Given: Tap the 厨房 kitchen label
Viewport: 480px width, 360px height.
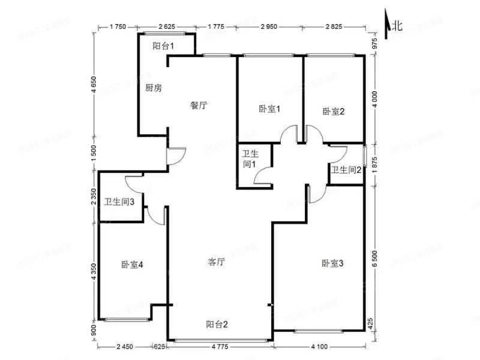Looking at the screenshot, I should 153,88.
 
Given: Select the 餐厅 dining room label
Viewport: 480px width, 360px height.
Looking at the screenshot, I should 199,105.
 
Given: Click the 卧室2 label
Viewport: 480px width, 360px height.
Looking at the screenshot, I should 332,111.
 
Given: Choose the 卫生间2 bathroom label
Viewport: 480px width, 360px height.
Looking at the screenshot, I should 347,170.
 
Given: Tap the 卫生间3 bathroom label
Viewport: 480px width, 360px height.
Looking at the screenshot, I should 119,202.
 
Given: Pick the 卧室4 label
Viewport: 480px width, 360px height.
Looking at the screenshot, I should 131,264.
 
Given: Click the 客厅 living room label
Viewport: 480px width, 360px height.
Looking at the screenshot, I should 216,262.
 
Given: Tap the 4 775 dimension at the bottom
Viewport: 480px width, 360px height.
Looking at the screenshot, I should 220,347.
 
